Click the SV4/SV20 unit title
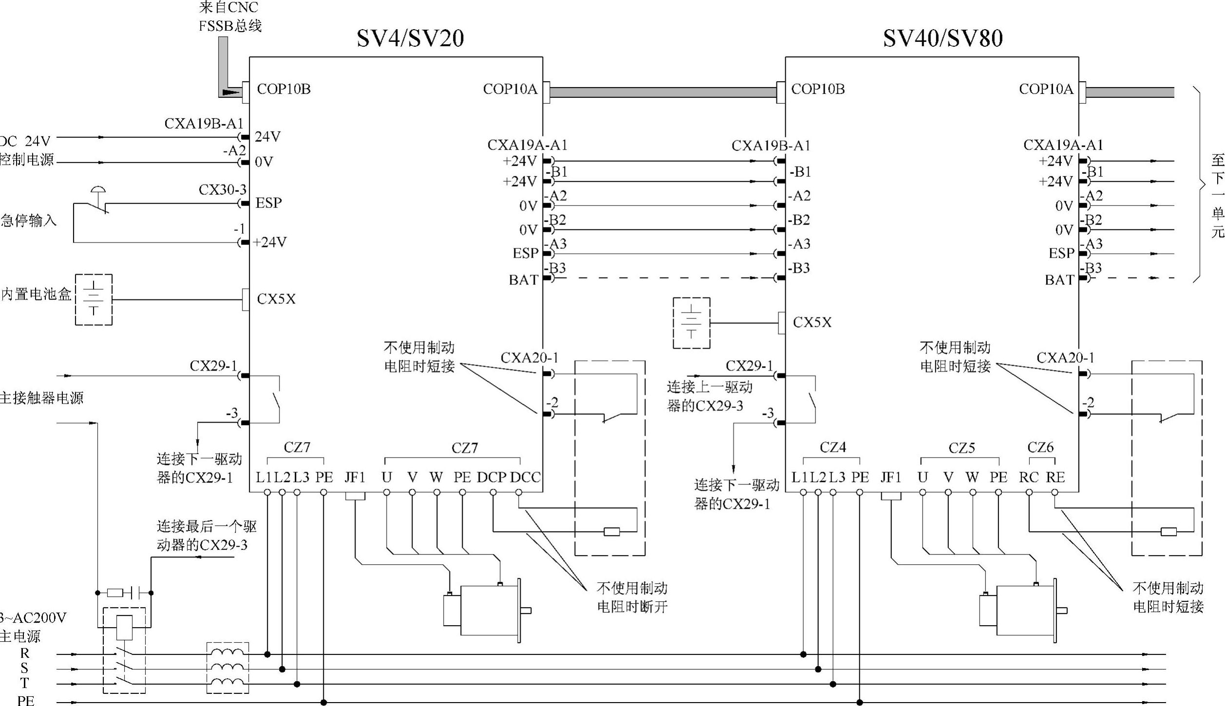(410, 38)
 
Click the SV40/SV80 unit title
(943, 38)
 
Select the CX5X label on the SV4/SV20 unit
(276, 299)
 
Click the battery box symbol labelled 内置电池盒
(94, 299)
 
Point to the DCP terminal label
(491, 478)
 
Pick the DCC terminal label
(525, 478)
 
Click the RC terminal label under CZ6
(1029, 478)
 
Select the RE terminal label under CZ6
(1055, 478)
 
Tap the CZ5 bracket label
(961, 448)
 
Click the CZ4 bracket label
(833, 447)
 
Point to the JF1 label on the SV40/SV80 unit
(891, 478)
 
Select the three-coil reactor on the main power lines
(228, 668)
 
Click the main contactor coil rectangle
(125, 628)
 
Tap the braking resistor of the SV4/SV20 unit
(612, 532)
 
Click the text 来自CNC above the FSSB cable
(228, 8)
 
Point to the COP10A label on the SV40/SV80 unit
(1046, 89)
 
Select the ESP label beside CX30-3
(268, 203)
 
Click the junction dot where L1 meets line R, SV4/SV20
(267, 654)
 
